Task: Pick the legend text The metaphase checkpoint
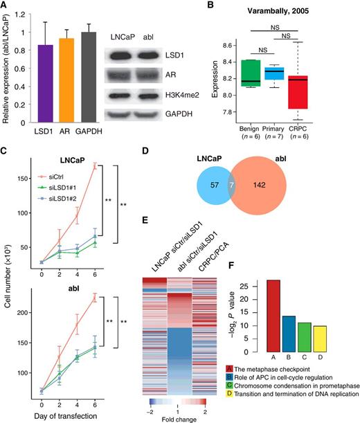click(300, 371)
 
